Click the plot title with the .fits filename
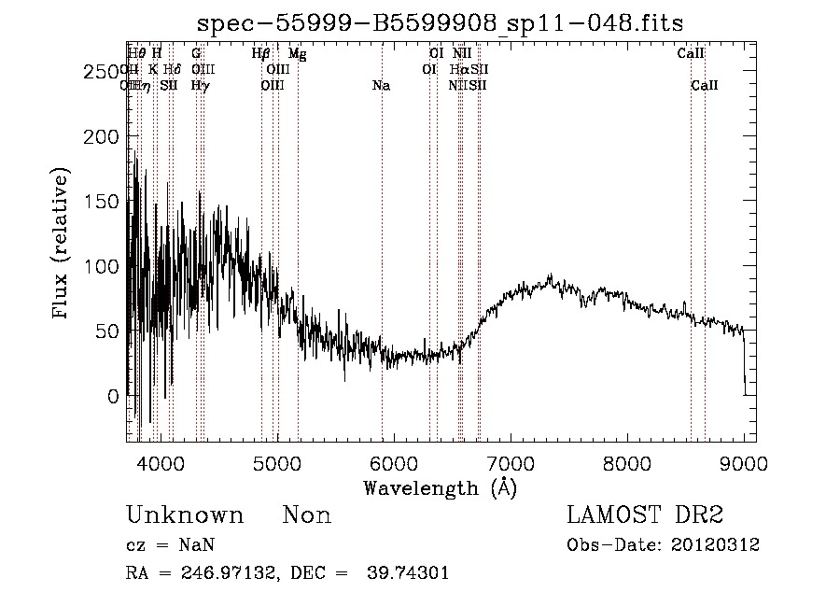click(447, 25)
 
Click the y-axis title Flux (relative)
click(62, 245)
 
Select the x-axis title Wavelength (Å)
click(440, 487)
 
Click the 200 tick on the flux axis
click(103, 136)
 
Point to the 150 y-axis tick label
click(103, 202)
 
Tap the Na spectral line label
click(381, 86)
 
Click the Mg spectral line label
click(297, 54)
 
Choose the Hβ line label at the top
click(261, 54)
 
